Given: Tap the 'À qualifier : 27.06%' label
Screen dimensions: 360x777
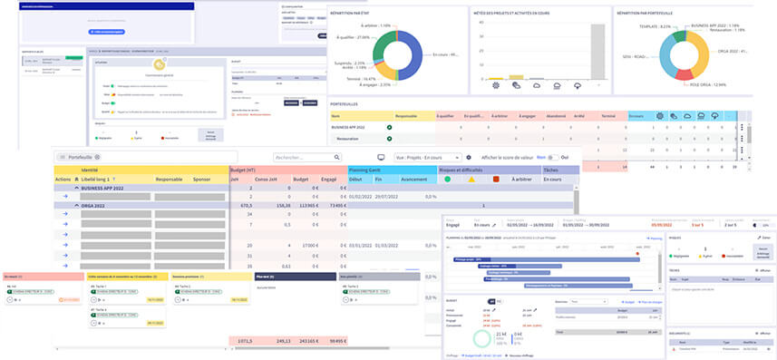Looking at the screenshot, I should tap(351, 37).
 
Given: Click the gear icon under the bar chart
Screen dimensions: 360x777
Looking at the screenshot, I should tap(496, 85).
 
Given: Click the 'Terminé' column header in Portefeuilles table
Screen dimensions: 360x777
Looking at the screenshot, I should tap(609, 116).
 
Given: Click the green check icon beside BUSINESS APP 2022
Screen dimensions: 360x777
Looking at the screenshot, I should tap(390, 129).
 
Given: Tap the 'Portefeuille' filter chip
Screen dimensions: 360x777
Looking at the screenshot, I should tap(84, 157).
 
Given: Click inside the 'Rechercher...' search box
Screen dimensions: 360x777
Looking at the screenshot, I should tap(306, 157).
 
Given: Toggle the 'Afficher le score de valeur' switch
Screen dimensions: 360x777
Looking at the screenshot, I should tap(549, 157).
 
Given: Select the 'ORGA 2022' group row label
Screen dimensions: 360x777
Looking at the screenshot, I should tap(102, 205).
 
